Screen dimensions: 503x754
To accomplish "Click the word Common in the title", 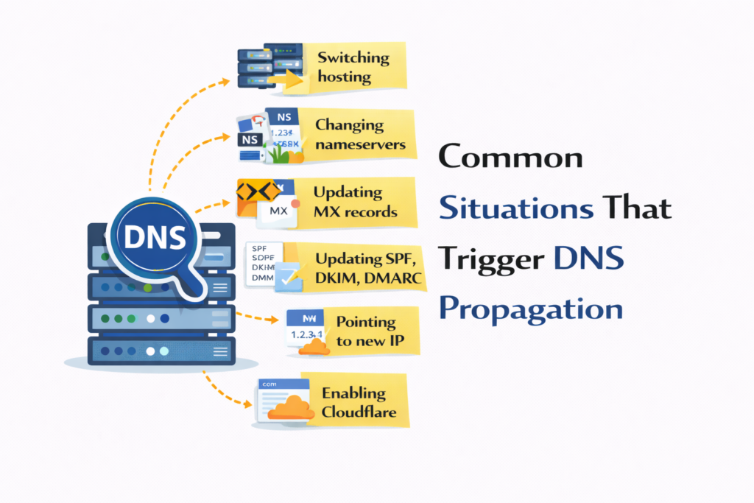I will [510, 158].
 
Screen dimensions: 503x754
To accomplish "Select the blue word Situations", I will [515, 208].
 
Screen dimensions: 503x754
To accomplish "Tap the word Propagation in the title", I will [530, 308].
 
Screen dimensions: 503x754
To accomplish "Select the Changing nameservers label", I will [360, 135].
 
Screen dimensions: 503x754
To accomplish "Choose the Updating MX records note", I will [355, 202].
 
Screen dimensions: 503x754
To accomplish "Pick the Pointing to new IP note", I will [366, 331].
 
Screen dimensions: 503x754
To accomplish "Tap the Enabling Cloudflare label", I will [359, 402].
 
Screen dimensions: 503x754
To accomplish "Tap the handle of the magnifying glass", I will [188, 285].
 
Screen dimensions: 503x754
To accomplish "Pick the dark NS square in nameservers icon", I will [250, 138].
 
